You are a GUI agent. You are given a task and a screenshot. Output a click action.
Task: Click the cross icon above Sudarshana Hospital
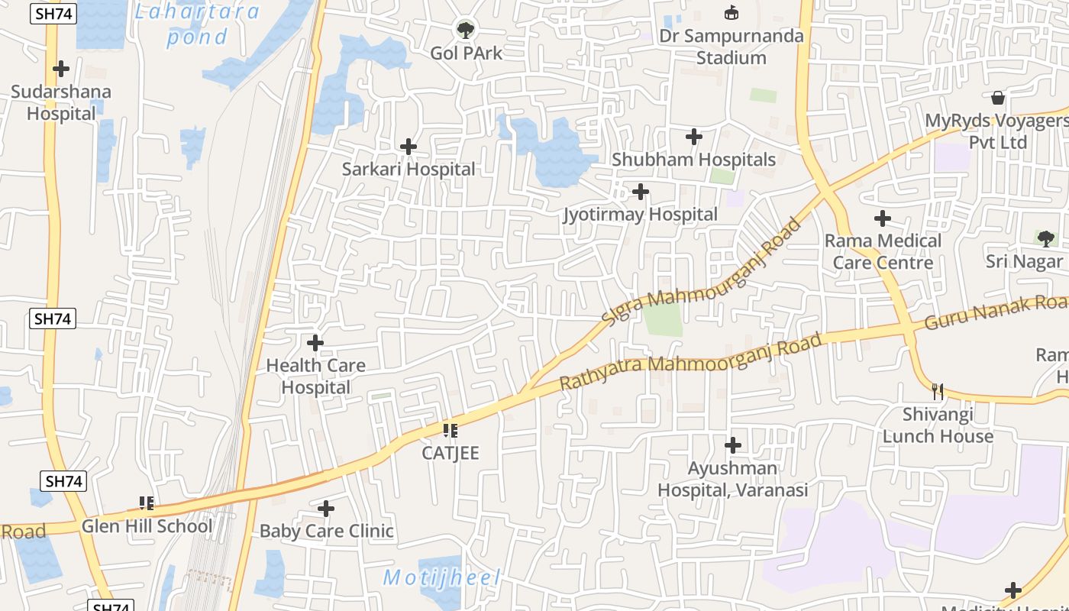[x=61, y=69]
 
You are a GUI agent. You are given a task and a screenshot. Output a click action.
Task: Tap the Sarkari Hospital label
[x=408, y=169]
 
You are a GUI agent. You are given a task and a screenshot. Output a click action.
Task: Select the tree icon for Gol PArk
[x=465, y=31]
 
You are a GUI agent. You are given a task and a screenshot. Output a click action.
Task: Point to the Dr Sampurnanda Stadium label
[x=731, y=47]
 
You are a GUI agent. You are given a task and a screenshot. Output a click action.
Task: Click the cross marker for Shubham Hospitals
[x=694, y=137]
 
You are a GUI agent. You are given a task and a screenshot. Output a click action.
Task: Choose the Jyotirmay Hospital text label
[x=640, y=215]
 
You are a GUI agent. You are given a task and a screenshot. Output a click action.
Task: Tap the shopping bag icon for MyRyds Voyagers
[x=997, y=98]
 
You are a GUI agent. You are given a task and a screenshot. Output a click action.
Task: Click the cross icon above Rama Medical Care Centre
[x=883, y=218]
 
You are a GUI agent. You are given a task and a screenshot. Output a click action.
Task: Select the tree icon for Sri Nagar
[x=1045, y=238]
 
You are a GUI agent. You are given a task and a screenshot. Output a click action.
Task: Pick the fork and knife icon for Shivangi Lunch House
[x=938, y=392]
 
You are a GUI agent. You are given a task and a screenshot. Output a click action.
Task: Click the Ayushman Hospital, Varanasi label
[x=732, y=479]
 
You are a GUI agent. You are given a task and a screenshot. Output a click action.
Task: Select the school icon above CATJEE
[x=451, y=431]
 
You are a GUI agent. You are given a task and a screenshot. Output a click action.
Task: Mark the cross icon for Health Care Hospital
[x=315, y=343]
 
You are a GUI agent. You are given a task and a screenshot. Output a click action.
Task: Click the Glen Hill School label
[x=147, y=526]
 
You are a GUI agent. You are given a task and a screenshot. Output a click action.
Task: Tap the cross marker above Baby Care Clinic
[x=326, y=509]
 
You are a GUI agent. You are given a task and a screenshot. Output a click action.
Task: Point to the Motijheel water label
[x=441, y=577]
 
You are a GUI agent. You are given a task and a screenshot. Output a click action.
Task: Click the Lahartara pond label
[x=197, y=24]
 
